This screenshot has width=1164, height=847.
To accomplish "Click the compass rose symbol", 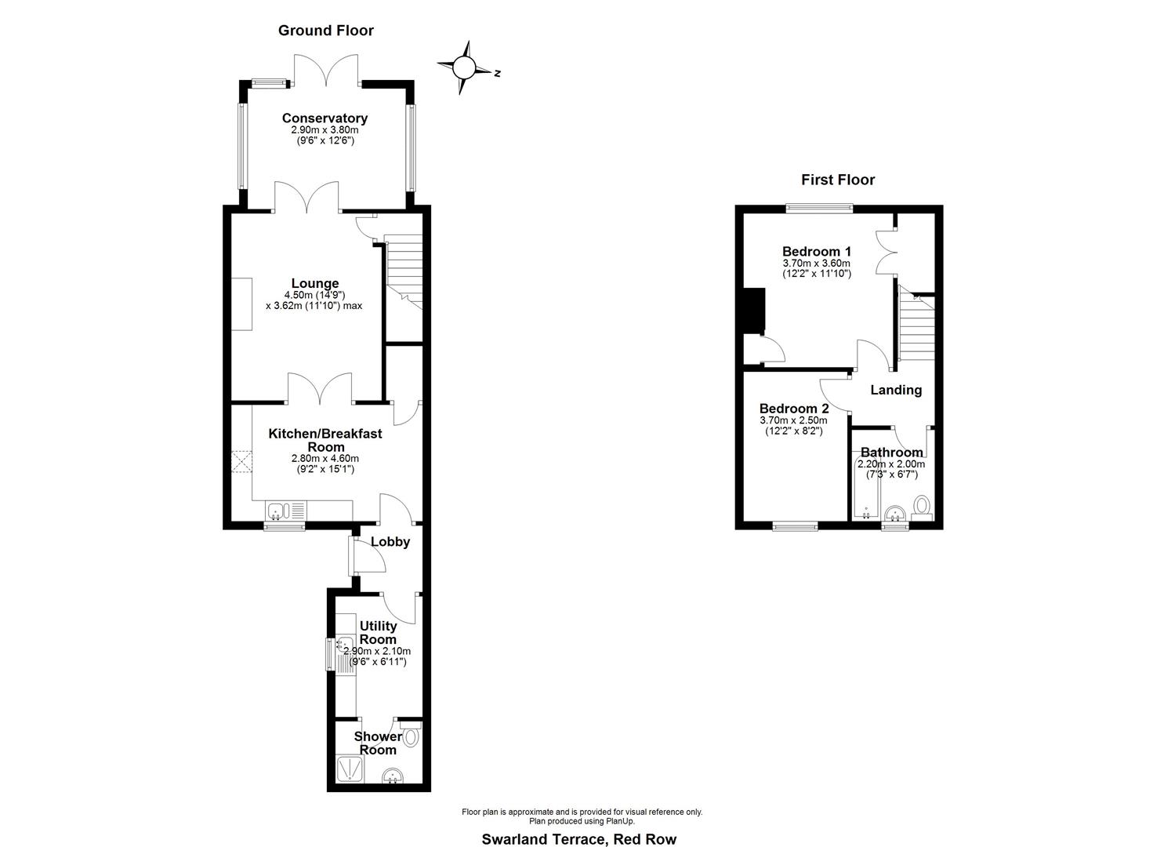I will [463, 68].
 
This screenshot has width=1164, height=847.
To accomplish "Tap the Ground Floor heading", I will [326, 31].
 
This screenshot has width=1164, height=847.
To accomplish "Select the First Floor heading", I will [837, 180].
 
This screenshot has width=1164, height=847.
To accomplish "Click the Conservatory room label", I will [325, 118].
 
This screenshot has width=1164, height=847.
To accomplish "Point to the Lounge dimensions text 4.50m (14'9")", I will [315, 295].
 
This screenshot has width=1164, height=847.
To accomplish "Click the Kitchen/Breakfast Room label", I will [325, 440].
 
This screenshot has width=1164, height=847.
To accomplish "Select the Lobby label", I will [390, 542].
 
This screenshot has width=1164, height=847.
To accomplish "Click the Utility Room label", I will [378, 632].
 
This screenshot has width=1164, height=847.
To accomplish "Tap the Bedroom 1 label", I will [817, 252].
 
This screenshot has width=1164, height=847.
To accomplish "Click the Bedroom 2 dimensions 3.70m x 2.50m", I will [793, 420].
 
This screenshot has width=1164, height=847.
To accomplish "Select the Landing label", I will [896, 390].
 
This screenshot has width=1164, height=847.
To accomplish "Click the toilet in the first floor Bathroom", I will [923, 506].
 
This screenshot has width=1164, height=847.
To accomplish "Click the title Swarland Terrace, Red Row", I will [578, 839].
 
